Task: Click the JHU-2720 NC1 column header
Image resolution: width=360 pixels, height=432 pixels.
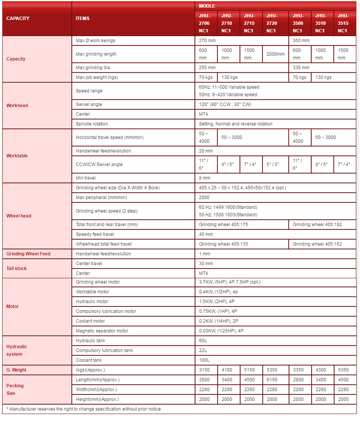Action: click(x=272, y=23)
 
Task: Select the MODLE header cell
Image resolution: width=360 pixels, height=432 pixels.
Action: click(x=207, y=6)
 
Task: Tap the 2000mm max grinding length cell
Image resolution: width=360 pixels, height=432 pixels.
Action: click(x=275, y=54)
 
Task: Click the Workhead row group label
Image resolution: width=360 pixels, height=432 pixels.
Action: click(x=17, y=105)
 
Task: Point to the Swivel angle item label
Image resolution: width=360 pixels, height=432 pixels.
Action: click(x=89, y=104)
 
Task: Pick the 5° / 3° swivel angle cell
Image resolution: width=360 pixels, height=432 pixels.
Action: click(x=272, y=165)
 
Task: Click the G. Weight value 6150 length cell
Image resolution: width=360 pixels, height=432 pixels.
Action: click(x=272, y=380)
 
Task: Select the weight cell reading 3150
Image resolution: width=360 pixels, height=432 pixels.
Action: click(x=204, y=370)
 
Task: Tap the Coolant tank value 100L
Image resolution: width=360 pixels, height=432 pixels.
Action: click(x=204, y=360)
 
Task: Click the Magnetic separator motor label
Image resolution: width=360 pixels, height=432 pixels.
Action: click(x=102, y=331)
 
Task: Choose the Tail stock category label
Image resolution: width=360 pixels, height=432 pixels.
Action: click(x=17, y=268)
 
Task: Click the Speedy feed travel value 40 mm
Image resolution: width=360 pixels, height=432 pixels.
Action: click(x=206, y=234)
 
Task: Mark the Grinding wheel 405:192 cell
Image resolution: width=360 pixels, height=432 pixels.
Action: click(x=317, y=225)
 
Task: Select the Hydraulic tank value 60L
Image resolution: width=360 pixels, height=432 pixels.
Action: click(x=203, y=341)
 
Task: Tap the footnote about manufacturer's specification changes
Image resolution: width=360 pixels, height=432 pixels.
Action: click(x=84, y=409)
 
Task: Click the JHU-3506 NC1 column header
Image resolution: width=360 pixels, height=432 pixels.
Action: click(x=298, y=23)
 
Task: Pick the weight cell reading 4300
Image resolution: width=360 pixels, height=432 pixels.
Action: click(x=321, y=370)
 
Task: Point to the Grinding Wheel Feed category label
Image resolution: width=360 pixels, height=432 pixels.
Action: click(x=28, y=254)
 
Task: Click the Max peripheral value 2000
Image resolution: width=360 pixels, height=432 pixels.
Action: click(x=204, y=198)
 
